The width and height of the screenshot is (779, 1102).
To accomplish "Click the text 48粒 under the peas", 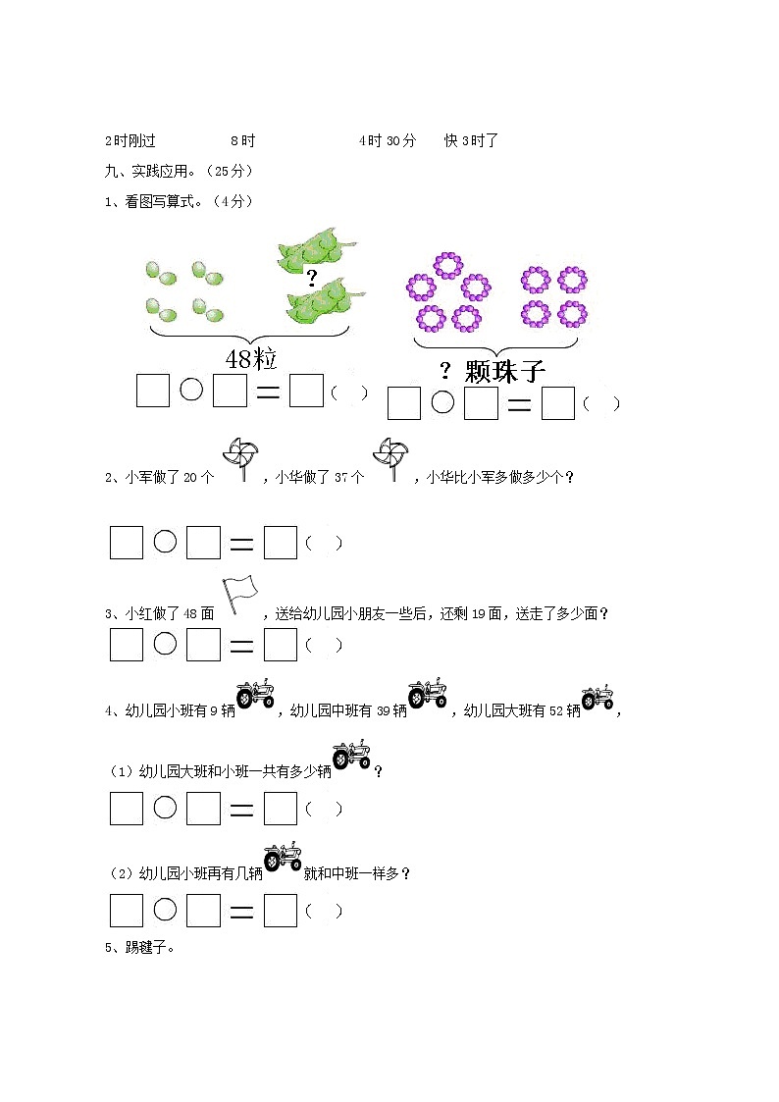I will (x=251, y=359).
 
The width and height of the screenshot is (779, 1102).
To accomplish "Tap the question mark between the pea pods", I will (x=312, y=278).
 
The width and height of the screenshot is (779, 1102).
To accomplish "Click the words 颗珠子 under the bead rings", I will (x=504, y=372).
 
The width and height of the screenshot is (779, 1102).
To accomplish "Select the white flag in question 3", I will (x=238, y=593).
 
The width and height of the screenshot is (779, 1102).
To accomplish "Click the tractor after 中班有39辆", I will (x=428, y=694).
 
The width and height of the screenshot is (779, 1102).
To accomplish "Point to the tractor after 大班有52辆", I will (x=597, y=697).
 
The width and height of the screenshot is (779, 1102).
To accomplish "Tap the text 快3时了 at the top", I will (x=472, y=140).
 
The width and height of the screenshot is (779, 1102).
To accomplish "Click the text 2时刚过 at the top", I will (x=130, y=140).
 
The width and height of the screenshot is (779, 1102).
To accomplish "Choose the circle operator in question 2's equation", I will (x=165, y=542).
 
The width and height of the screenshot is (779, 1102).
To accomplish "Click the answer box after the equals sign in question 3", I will (x=281, y=645).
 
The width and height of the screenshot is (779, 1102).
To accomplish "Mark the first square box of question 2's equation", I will (x=127, y=543).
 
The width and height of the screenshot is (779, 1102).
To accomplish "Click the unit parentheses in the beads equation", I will (x=600, y=403).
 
